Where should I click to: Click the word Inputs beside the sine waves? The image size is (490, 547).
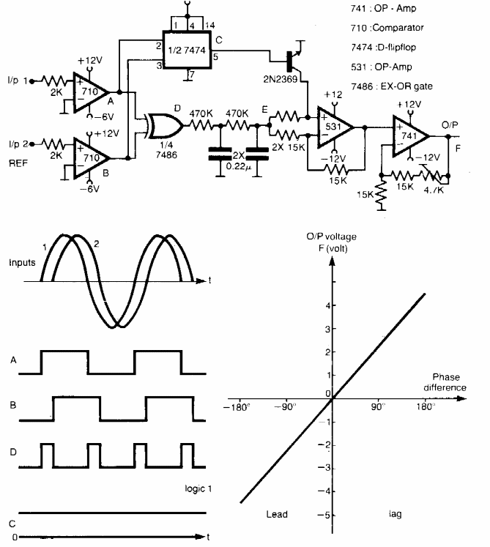(x=22, y=261)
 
